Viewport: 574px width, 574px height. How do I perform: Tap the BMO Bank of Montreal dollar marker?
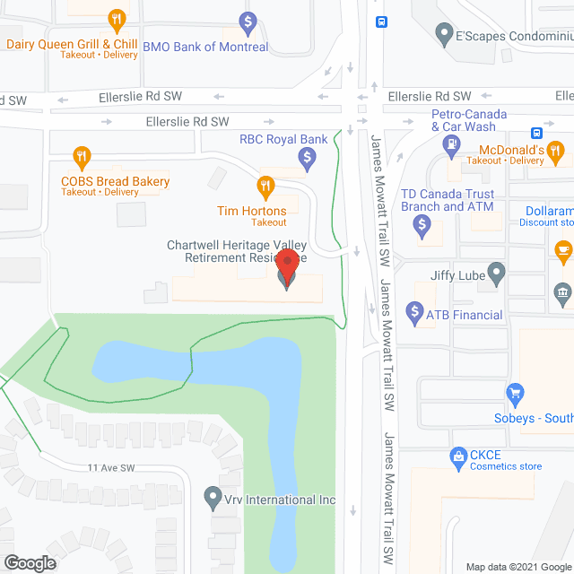(x=250, y=22)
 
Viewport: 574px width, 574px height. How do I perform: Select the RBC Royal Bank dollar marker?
(x=307, y=160)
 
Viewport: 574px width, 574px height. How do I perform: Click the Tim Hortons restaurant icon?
(x=265, y=187)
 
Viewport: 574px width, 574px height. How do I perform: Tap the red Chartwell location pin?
(x=286, y=265)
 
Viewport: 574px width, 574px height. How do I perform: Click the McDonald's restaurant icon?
(x=556, y=151)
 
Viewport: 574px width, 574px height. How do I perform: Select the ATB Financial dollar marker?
(x=414, y=313)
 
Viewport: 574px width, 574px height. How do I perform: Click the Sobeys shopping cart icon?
(x=515, y=393)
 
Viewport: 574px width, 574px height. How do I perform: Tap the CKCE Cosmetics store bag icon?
(x=458, y=457)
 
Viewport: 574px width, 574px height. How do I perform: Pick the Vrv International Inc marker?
(x=213, y=495)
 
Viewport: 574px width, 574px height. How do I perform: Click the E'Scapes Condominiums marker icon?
(x=443, y=34)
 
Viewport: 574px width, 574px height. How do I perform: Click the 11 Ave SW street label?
(x=110, y=467)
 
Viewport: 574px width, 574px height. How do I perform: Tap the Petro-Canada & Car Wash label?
(x=469, y=120)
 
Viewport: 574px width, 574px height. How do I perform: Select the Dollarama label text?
(x=544, y=210)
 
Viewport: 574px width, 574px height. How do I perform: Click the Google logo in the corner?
(x=30, y=562)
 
